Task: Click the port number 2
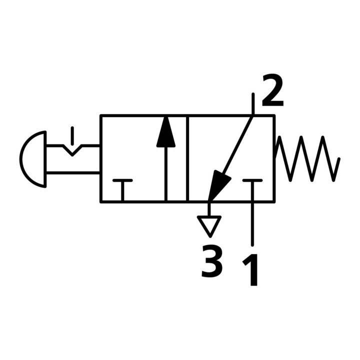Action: tap(272, 90)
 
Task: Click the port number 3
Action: tap(212, 261)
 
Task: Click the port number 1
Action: tap(250, 270)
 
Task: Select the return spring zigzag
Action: tap(307, 158)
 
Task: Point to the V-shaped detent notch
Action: tap(72, 150)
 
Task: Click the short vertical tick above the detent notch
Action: tap(72, 135)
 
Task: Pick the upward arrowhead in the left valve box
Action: tap(166, 132)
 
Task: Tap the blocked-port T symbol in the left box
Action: tap(122, 190)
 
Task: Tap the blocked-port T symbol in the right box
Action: tap(252, 190)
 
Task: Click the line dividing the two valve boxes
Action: tap(187, 158)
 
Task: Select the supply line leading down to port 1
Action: tap(252, 224)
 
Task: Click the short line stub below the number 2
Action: tap(253, 104)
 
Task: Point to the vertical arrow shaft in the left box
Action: tap(166, 174)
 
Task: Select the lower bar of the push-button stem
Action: tap(73, 172)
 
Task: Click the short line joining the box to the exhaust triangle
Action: tap(209, 209)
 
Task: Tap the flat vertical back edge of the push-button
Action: tap(45, 159)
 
